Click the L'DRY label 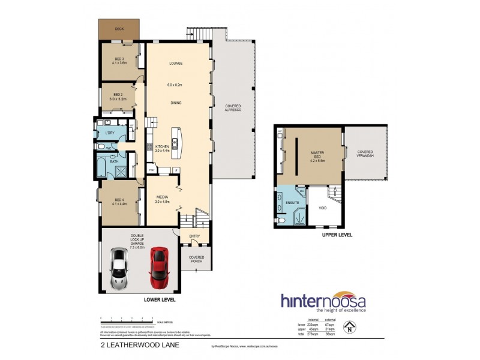coord(110,133)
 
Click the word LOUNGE coord(175,63)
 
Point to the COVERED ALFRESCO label coord(233,109)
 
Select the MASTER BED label coord(317,155)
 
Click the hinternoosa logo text coord(323,301)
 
